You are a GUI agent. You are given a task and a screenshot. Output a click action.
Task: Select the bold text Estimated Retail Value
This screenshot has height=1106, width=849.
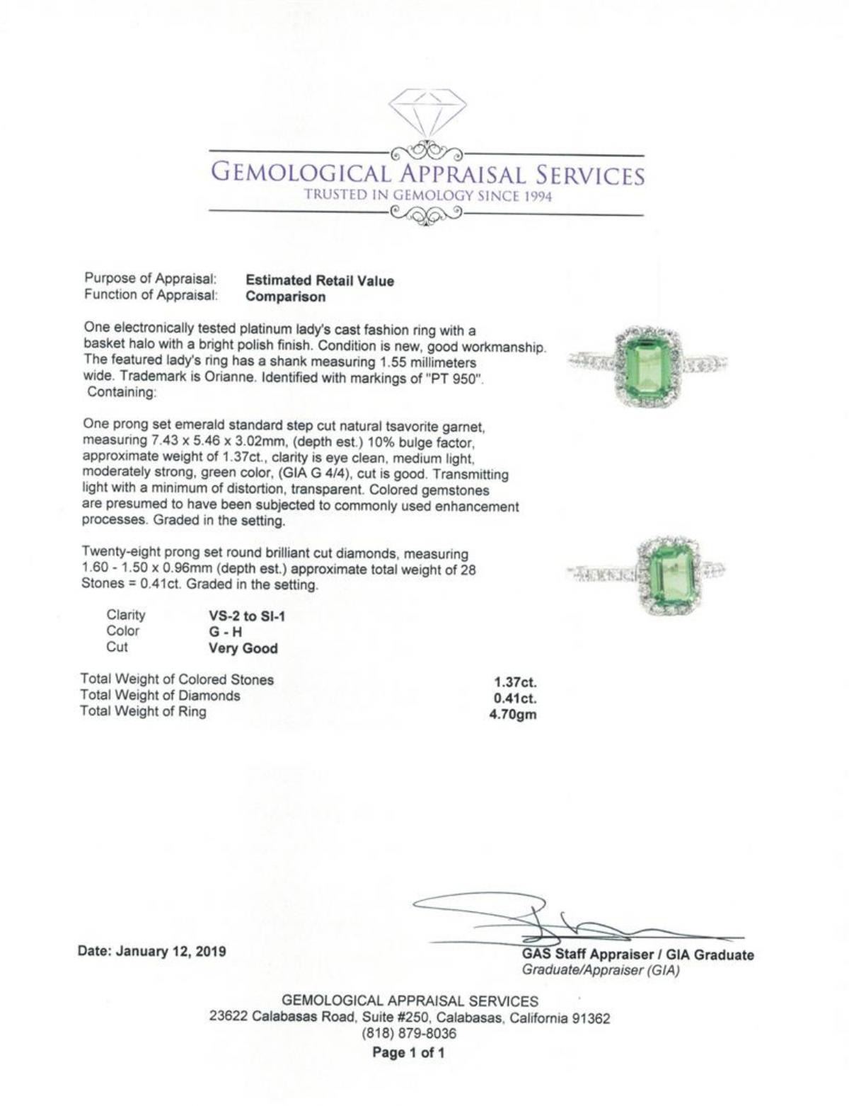click(x=320, y=281)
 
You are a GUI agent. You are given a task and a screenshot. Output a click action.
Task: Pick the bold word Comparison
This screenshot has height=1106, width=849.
click(x=286, y=297)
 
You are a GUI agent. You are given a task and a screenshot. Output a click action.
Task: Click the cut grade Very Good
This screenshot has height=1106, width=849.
click(x=243, y=648)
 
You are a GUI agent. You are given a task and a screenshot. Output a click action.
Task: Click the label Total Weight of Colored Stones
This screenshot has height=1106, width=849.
click(x=177, y=680)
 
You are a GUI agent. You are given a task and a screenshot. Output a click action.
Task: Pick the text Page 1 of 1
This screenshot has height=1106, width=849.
click(x=409, y=1052)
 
